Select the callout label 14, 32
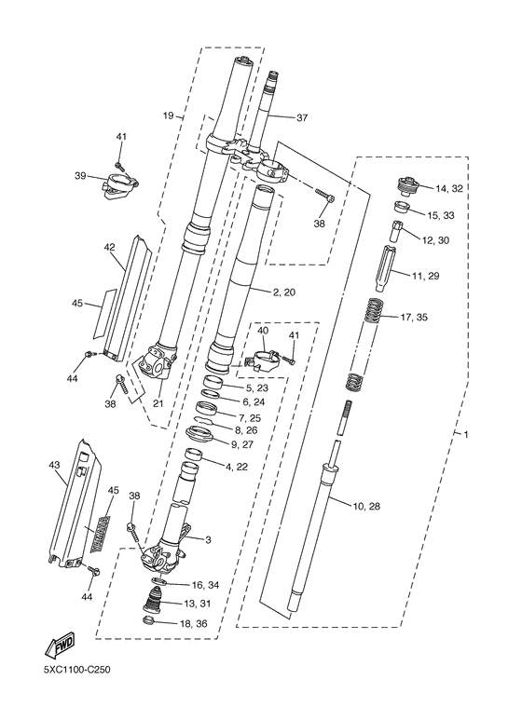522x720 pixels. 449,188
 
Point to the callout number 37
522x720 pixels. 302,118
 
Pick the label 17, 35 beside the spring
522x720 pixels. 414,317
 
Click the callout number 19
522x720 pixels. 169,115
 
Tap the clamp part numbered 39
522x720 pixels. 121,186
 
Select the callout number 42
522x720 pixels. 109,247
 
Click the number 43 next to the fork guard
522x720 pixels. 54,465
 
